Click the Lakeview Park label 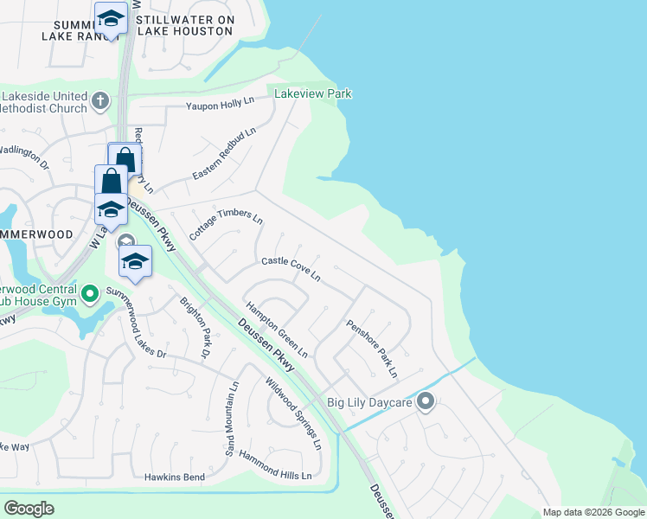click(x=313, y=93)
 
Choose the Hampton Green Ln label click(x=277, y=329)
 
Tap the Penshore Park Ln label click(x=372, y=349)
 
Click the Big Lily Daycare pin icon click(x=425, y=401)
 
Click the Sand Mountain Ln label click(x=231, y=418)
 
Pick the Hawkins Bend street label click(x=175, y=477)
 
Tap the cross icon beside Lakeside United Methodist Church click(x=99, y=101)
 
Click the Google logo click(x=29, y=509)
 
